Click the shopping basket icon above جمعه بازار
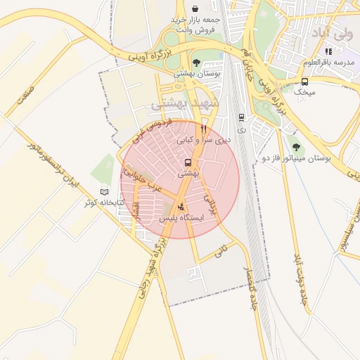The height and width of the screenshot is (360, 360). [193, 8]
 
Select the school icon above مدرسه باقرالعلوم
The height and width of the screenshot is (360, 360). [328, 51]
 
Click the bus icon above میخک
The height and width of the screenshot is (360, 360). [304, 81]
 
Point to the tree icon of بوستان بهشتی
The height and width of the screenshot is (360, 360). [196, 62]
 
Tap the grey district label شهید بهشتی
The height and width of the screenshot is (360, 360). [186, 103]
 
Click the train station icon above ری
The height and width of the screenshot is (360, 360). [242, 117]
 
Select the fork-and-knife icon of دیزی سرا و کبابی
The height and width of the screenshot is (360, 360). [203, 129]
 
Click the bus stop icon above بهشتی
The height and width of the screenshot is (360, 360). [188, 162]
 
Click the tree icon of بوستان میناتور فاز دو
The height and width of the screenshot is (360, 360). [296, 147]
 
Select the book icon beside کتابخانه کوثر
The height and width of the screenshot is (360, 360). [105, 192]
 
